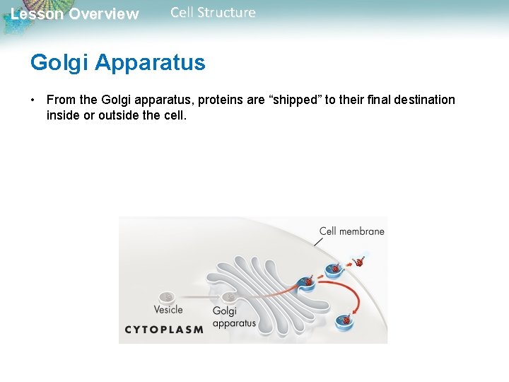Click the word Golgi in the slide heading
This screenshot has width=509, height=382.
coord(59,63)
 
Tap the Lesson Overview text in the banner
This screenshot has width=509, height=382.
coord(75,14)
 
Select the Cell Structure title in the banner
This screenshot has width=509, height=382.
coord(213,13)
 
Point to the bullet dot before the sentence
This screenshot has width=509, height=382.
coord(34,100)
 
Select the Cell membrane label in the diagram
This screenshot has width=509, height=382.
coord(351,231)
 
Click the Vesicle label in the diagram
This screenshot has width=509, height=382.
coord(168,309)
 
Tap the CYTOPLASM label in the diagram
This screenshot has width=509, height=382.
coord(164,329)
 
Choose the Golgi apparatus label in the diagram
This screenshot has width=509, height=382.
coord(233,317)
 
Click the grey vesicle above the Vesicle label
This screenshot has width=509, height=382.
coord(167,297)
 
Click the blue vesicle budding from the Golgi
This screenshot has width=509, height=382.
coord(308,282)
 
